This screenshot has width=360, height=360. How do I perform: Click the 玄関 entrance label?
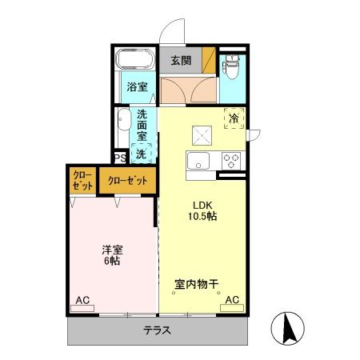[180, 61]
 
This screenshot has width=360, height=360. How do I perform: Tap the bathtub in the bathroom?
[134, 60]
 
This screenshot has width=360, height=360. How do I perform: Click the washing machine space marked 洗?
[142, 152]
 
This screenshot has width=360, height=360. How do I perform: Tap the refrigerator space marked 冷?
[234, 119]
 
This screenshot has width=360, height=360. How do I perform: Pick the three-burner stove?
[232, 158]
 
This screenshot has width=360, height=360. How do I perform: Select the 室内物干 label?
[197, 284]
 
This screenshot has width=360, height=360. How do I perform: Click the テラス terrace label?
[157, 330]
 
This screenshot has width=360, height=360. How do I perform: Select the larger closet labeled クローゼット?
[128, 181]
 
